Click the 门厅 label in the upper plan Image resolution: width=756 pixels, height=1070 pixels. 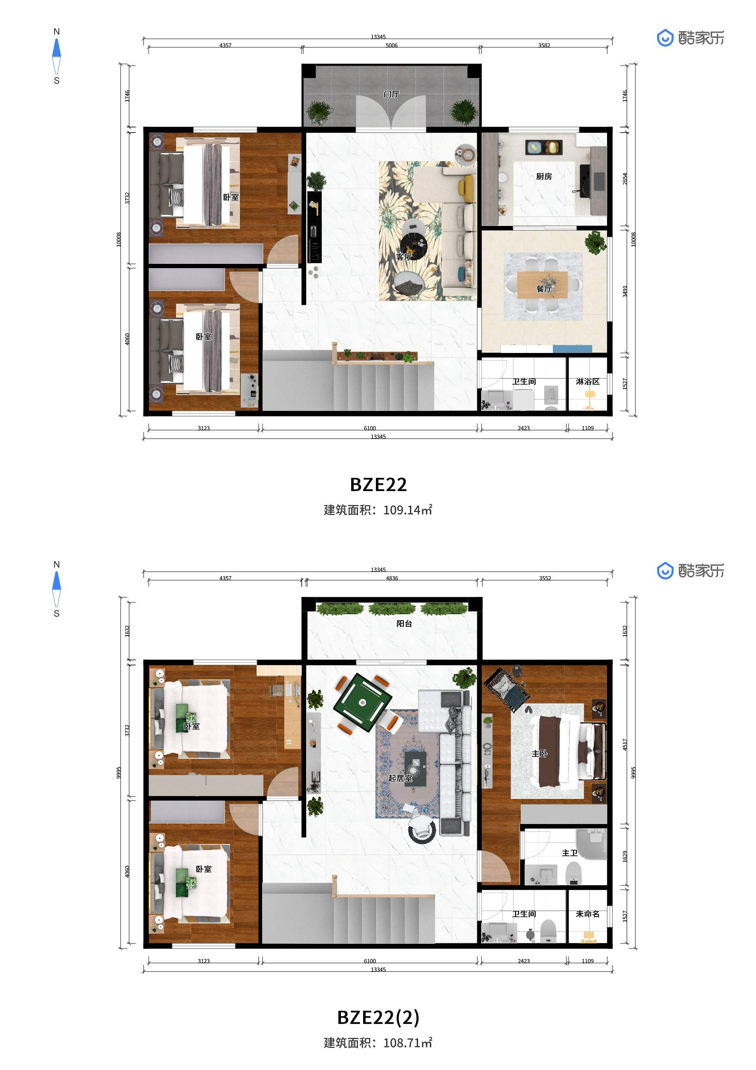391,94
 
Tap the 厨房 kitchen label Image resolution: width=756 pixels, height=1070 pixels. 544,176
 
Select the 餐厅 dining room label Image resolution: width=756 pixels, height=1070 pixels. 544,289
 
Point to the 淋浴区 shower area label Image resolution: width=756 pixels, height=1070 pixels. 587,381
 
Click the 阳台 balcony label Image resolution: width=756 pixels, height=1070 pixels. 404,624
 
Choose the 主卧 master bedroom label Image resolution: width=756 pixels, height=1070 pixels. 540,754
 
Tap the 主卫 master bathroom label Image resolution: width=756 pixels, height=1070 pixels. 569,853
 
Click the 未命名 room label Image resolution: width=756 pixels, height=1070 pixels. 587,914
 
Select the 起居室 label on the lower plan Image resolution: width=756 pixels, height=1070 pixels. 400,778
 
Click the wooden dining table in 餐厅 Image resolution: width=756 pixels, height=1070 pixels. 542,284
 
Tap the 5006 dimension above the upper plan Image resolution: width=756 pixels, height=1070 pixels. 391,45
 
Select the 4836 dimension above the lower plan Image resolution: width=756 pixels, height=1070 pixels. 392,578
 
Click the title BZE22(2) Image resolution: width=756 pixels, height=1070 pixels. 378,1017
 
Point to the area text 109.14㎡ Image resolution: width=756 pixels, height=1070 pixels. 407,510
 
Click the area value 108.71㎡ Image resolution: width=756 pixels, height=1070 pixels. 407,1043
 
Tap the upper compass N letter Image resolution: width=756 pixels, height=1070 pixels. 56,32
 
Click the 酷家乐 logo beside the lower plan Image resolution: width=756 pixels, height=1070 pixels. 690,570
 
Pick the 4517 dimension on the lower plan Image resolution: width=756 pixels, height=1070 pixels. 625,744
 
